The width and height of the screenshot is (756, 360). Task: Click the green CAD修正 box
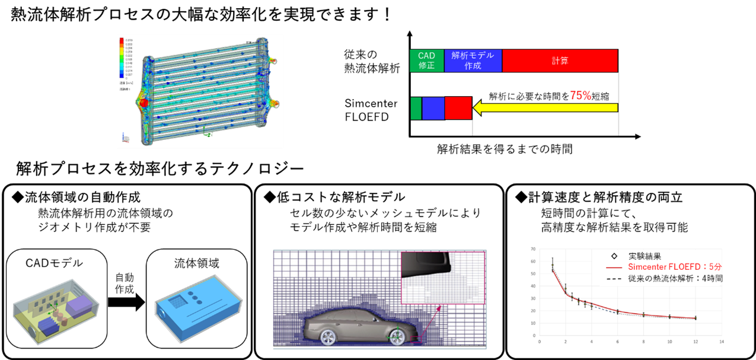click(x=426, y=60)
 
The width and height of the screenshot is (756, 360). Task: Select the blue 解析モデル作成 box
click(x=473, y=60)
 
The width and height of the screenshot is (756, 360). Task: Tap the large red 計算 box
click(x=559, y=60)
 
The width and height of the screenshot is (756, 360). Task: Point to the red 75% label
click(x=580, y=95)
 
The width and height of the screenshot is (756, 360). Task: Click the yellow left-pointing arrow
click(x=545, y=108)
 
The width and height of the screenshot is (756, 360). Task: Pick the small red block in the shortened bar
click(x=458, y=109)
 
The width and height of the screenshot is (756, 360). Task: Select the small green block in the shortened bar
click(x=416, y=109)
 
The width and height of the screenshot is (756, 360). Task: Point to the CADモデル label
click(x=52, y=263)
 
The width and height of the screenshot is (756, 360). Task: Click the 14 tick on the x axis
click(x=721, y=342)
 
